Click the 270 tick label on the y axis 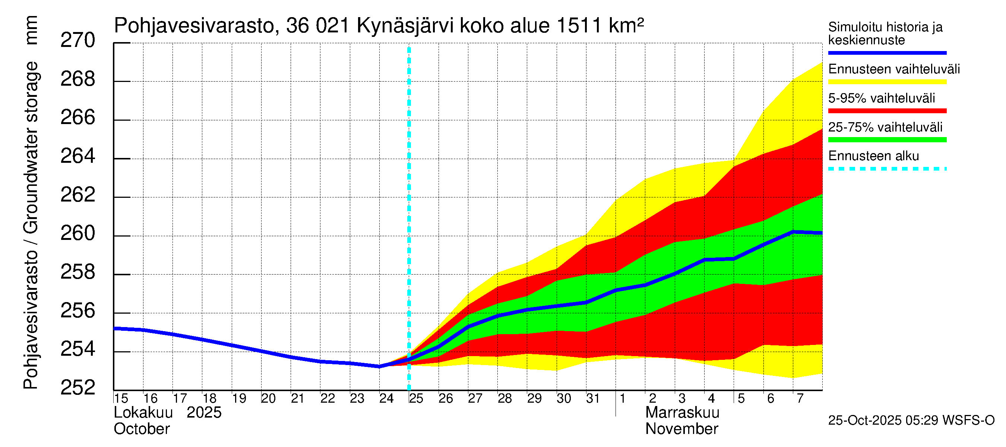click(x=77, y=41)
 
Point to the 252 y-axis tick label click(x=77, y=388)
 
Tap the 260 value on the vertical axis click(x=77, y=234)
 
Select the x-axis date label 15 click(x=121, y=399)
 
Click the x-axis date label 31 click(x=593, y=399)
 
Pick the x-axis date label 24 click(x=386, y=399)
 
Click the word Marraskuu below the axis click(x=682, y=413)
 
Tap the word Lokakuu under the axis click(x=143, y=413)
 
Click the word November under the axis click(x=681, y=429)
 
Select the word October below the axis click(x=141, y=429)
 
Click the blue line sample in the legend click(x=887, y=53)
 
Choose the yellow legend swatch click(x=887, y=82)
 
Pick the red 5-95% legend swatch click(x=887, y=111)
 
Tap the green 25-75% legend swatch click(x=887, y=140)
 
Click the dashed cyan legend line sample click(x=887, y=169)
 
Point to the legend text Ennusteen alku click(x=873, y=156)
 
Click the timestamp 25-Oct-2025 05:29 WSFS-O click(x=911, y=421)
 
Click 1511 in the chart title click(x=579, y=26)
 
